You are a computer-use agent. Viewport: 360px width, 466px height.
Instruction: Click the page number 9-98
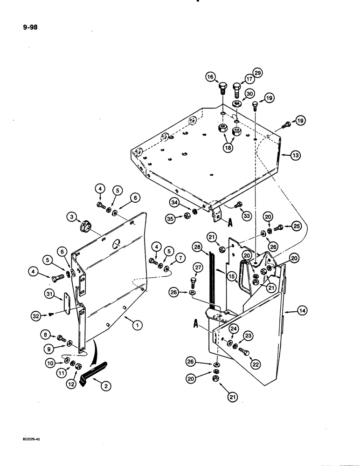point(29,27)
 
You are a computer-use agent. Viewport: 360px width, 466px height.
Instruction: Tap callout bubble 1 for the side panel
point(136,327)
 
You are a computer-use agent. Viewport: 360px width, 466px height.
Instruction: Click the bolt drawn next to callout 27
point(194,282)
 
